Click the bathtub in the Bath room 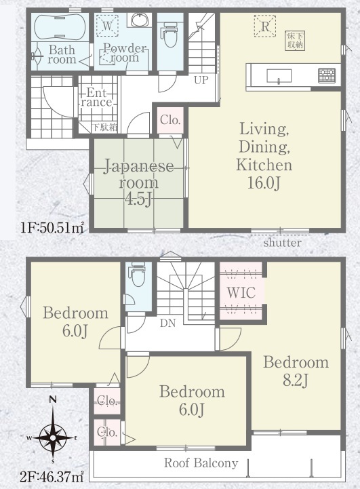[x=60, y=27]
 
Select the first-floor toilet [x=169, y=35]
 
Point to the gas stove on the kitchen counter [x=327, y=76]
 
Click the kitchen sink [x=279, y=76]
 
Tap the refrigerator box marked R [x=265, y=26]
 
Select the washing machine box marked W [x=107, y=25]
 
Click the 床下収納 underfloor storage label [x=295, y=40]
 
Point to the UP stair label [x=201, y=80]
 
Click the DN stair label [x=168, y=324]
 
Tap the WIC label [x=241, y=292]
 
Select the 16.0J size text [x=264, y=182]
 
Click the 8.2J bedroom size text [x=296, y=380]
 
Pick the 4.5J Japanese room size [x=138, y=199]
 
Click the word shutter [x=283, y=243]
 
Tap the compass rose [x=53, y=437]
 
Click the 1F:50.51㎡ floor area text [x=52, y=228]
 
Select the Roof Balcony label [x=201, y=463]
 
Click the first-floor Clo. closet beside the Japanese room [x=170, y=120]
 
